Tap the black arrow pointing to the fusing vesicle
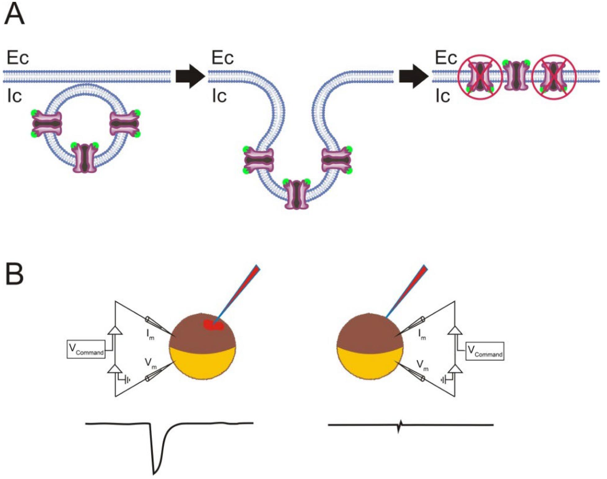[190, 76]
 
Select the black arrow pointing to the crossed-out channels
[413, 76]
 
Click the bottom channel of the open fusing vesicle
[297, 194]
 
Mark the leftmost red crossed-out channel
[480, 77]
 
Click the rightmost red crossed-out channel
[554, 77]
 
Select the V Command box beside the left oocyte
[86, 349]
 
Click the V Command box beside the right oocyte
[485, 351]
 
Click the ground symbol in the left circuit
[127, 379]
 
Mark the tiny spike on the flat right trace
[400, 426]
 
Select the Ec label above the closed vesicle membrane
[18, 58]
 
